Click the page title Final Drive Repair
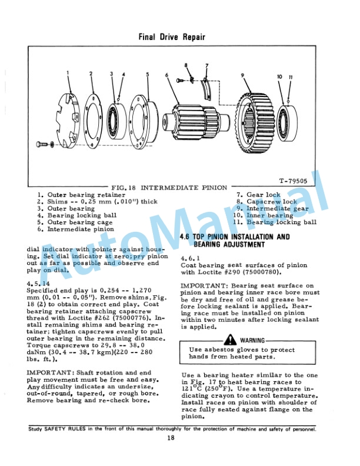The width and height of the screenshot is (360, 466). coord(172,37)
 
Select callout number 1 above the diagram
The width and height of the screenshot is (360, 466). coord(68,73)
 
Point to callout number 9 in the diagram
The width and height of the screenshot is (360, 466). coord(242,75)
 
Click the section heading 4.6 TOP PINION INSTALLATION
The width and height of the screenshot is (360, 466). coord(234,237)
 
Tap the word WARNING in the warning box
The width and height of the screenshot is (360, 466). coord(252,341)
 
